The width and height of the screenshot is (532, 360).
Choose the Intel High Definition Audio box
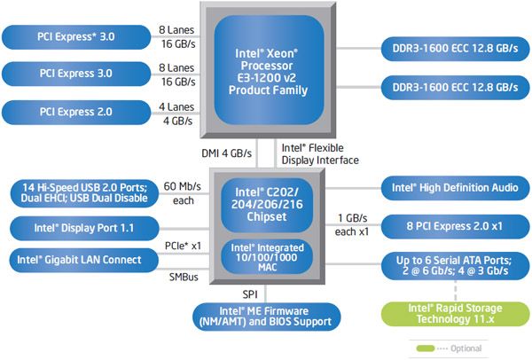[x=449, y=187]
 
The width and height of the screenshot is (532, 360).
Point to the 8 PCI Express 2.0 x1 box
[x=449, y=224]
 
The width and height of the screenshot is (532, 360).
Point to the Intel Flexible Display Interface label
[x=319, y=153]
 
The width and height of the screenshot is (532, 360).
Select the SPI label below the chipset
[x=250, y=293]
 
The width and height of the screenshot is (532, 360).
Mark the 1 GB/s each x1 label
[x=352, y=223]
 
